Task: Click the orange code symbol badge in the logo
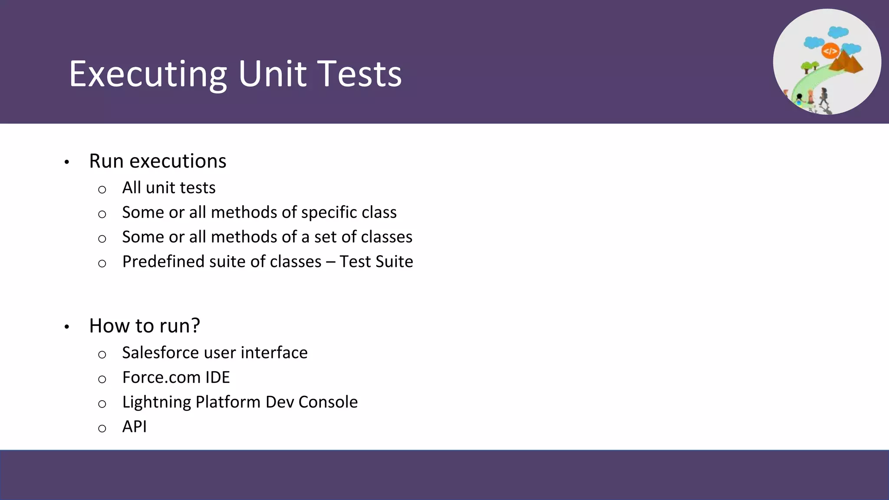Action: [x=830, y=51]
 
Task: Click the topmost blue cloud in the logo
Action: [x=838, y=32]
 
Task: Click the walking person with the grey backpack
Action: [x=823, y=96]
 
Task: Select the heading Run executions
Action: [x=158, y=161]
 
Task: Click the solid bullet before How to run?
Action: [x=67, y=327]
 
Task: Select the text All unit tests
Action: [x=169, y=188]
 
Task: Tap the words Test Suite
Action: [x=376, y=262]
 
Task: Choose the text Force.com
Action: [x=161, y=378]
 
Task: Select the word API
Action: [x=135, y=427]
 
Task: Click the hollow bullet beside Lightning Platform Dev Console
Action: [x=102, y=404]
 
